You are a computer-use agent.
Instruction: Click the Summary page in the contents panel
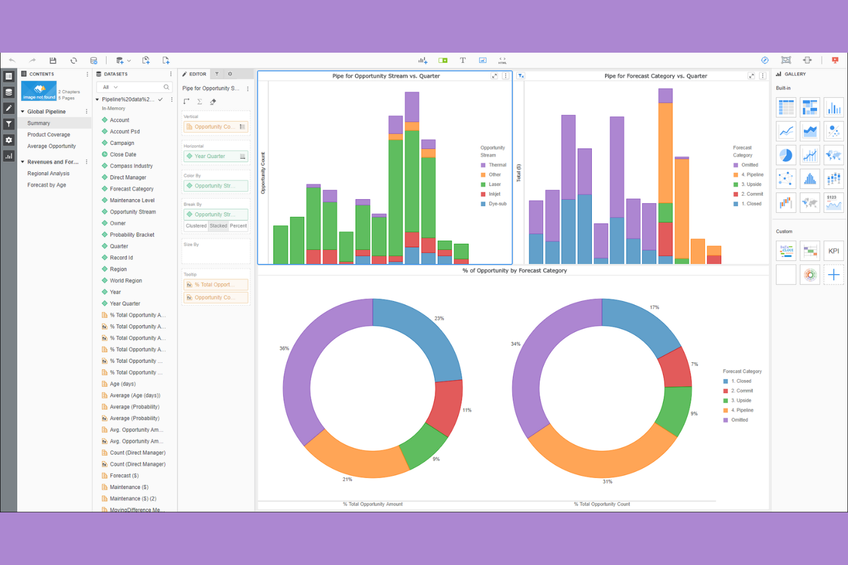click(x=38, y=123)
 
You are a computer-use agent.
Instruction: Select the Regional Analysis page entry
click(x=48, y=173)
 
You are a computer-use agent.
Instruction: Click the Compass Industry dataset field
click(x=131, y=166)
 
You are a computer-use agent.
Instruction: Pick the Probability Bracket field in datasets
click(x=132, y=235)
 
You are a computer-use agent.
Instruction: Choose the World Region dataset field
click(x=125, y=280)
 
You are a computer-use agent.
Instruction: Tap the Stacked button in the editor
click(x=218, y=226)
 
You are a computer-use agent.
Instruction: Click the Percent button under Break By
click(x=238, y=226)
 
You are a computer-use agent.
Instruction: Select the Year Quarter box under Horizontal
click(x=215, y=156)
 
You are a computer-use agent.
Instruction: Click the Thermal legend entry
click(x=497, y=165)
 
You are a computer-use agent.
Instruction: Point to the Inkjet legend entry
click(x=494, y=194)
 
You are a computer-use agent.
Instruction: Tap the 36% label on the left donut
click(x=284, y=348)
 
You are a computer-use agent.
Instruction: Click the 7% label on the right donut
click(x=694, y=364)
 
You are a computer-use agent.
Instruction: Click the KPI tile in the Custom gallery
click(x=834, y=251)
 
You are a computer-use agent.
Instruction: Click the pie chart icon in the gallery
click(x=786, y=155)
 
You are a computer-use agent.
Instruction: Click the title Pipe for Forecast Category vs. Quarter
click(x=655, y=76)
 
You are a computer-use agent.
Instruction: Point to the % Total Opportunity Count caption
click(x=602, y=504)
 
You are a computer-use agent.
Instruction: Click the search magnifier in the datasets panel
click(x=166, y=87)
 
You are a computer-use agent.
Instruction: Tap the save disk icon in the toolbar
click(x=53, y=60)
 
